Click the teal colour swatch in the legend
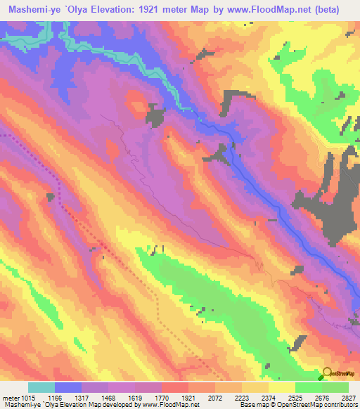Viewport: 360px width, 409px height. (41, 387)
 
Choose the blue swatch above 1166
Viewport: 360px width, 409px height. (68, 387)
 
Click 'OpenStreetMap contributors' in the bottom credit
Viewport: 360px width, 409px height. (320, 405)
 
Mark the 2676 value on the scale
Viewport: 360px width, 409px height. (323, 397)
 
